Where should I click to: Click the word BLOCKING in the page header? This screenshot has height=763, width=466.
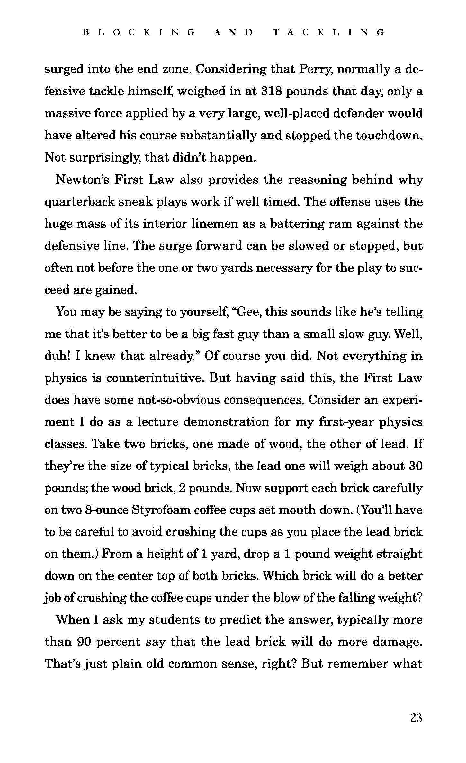(139, 32)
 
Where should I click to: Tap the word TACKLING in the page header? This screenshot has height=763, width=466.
(328, 32)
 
